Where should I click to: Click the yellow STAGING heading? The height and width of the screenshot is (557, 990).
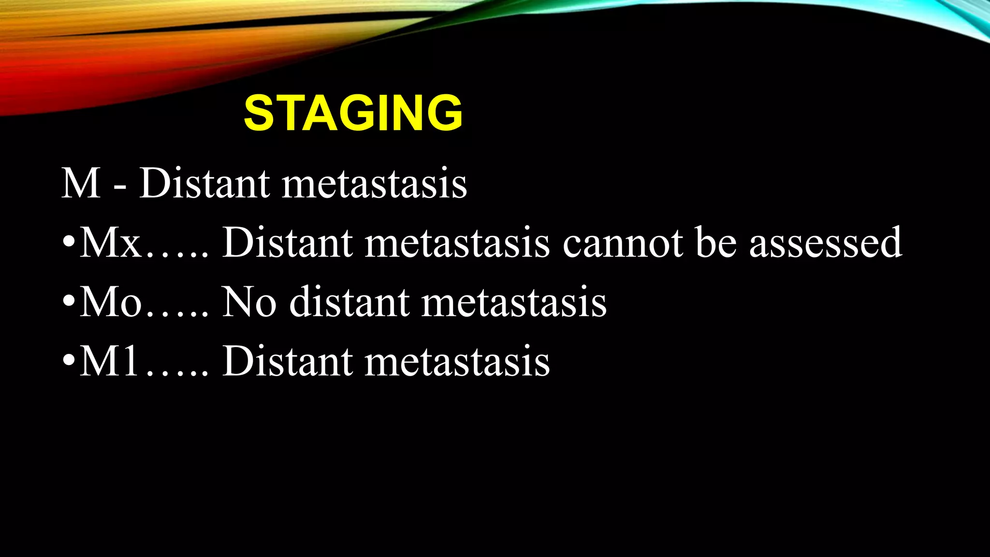click(x=353, y=113)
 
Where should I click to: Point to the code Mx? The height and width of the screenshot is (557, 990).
click(x=110, y=243)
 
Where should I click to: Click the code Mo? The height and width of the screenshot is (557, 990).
click(x=111, y=302)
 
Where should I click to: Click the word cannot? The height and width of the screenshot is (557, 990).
click(x=623, y=243)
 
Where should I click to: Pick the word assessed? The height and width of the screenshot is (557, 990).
click(x=826, y=243)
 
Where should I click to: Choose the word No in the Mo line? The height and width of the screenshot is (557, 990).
click(x=249, y=302)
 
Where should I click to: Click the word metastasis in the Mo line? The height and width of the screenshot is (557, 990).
click(x=514, y=302)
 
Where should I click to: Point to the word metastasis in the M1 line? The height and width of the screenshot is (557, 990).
click(x=457, y=361)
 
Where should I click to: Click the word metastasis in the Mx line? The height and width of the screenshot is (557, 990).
click(x=457, y=243)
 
